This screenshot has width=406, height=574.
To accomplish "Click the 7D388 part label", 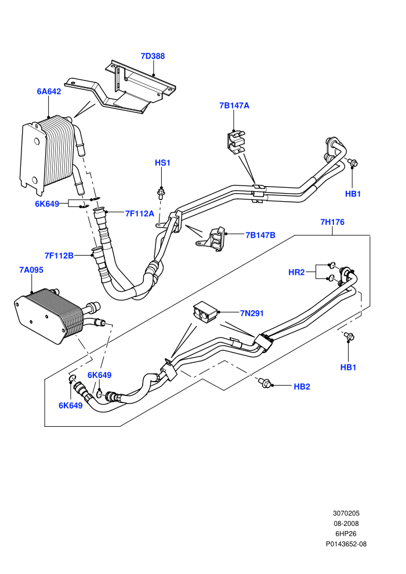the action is tap(153, 56).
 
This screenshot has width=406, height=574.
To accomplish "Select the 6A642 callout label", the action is tap(49, 92).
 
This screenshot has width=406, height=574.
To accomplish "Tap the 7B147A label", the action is tap(234, 106).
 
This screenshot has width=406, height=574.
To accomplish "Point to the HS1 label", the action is tap(162, 162).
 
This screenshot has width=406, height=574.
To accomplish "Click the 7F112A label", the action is tap(139, 213).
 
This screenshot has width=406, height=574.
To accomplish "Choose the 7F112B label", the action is tap(59, 256).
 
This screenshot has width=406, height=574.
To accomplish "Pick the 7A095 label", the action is tap(31, 270).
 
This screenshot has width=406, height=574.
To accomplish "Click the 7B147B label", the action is tap(260, 235).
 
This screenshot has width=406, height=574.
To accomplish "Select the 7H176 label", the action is tap(332, 222).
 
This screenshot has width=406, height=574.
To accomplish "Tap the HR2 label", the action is tap(296, 273).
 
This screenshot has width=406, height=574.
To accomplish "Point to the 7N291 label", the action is tap(252, 313).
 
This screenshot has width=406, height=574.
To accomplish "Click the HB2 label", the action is tap(302, 387).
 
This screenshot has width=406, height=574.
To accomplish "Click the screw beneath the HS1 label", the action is tap(160, 192).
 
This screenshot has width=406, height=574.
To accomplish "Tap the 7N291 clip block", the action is tap(205, 311).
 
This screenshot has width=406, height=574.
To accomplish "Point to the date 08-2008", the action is tap(346, 524).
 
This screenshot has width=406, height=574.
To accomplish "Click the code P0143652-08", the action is tap(346, 544).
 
